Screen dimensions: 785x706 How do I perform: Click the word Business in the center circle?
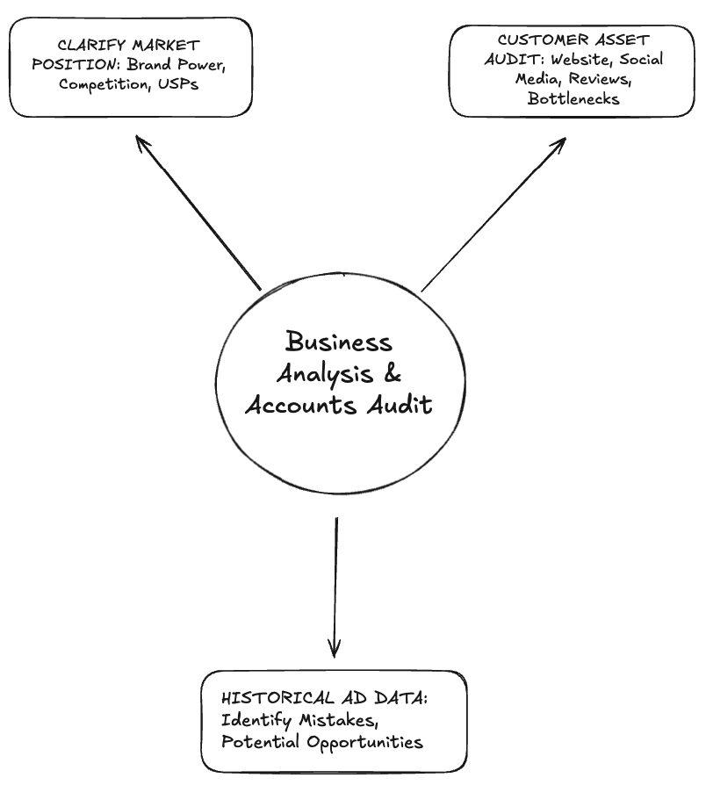pos(339,342)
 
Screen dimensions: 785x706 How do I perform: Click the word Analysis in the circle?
pos(324,374)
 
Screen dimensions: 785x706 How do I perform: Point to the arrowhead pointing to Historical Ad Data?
pos(335,649)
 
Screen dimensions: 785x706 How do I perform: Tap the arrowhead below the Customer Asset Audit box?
pos(560,143)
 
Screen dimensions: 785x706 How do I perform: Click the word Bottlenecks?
pos(573,98)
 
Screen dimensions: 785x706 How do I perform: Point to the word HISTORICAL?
pos(270,699)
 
